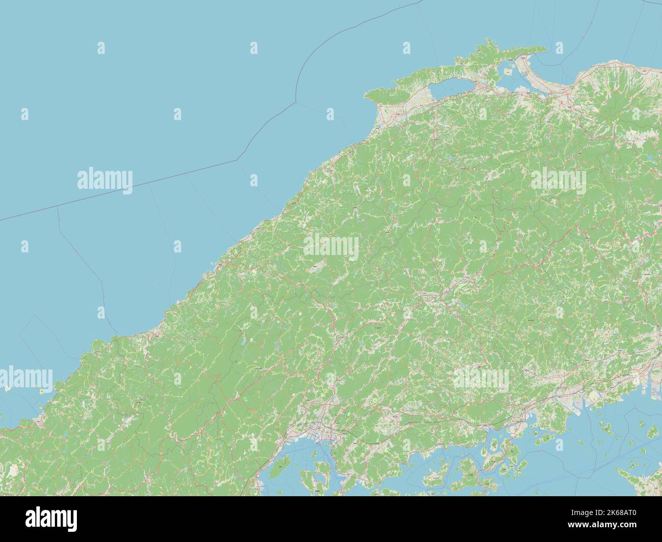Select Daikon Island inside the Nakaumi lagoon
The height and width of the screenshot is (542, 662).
[508, 72]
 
